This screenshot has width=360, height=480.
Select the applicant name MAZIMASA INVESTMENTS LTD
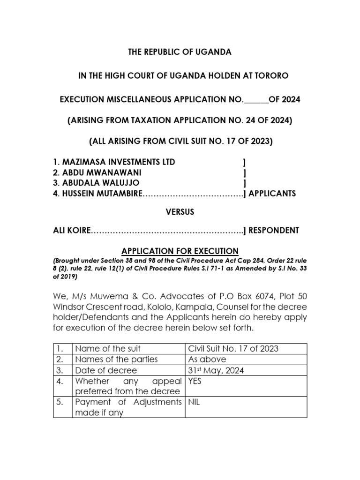(114, 162)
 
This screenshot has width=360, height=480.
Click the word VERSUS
(180, 212)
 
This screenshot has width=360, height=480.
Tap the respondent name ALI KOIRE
(70, 230)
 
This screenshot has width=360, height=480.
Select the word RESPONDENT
(274, 230)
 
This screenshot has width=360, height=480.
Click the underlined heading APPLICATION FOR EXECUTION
(180, 251)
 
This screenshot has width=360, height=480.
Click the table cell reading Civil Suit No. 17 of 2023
(233, 348)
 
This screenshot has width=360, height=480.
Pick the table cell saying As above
(207, 359)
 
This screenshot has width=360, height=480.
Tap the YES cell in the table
(195, 381)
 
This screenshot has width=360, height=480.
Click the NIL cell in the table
(194, 402)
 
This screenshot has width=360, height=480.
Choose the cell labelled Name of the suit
(108, 348)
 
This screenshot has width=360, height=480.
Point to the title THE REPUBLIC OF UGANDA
(180, 52)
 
